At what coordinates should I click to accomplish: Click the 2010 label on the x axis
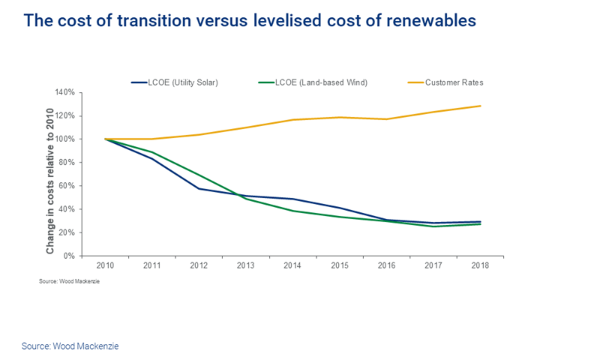click(x=104, y=266)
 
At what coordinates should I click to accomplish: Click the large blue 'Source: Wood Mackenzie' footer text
click(x=70, y=346)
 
